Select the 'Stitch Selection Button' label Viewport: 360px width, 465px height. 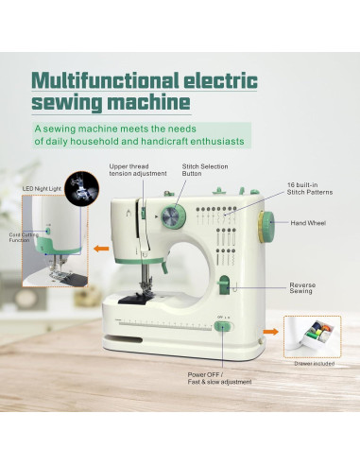click(203, 170)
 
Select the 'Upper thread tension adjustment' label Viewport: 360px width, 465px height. click(137, 170)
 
